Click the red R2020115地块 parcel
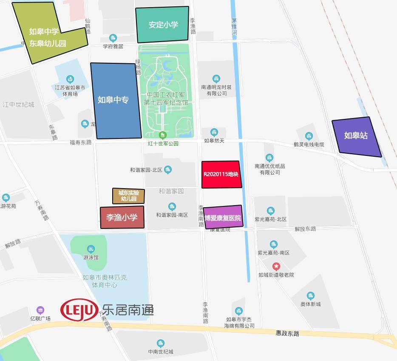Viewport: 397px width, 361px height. pos(221,174)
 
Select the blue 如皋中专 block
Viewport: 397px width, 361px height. pos(115,101)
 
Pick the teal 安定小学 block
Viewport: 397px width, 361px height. pos(162,25)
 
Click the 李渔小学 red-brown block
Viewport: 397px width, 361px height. pos(122,217)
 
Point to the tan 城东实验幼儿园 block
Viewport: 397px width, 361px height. pos(128,196)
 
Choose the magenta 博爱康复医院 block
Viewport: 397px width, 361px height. pos(223,217)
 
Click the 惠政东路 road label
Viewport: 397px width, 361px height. pos(287,333)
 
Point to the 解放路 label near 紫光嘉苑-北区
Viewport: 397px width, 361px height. pos(305,229)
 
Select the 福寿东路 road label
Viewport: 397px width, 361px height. pos(81,143)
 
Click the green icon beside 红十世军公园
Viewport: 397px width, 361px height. pos(162,136)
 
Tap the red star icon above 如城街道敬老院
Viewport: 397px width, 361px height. pos(276,267)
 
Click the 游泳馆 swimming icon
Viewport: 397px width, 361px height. pos(91,249)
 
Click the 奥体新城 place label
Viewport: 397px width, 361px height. pos(311,304)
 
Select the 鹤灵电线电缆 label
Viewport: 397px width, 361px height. pos(309,144)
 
